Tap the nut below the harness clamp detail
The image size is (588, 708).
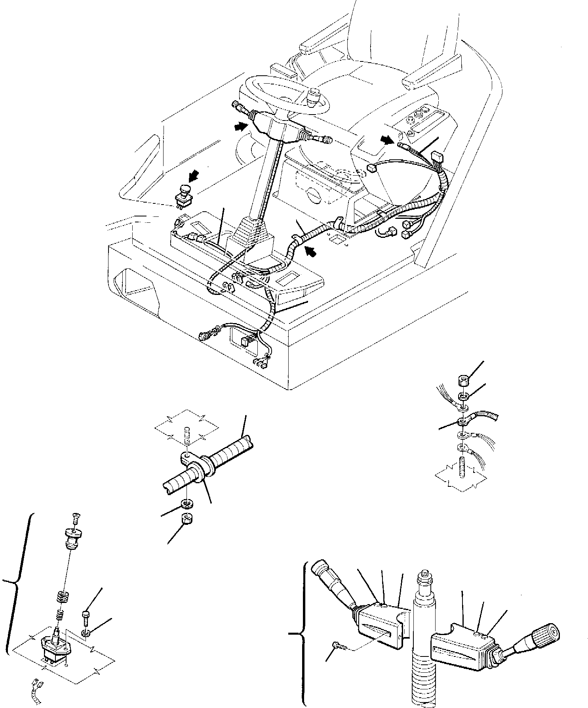point(186,519)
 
